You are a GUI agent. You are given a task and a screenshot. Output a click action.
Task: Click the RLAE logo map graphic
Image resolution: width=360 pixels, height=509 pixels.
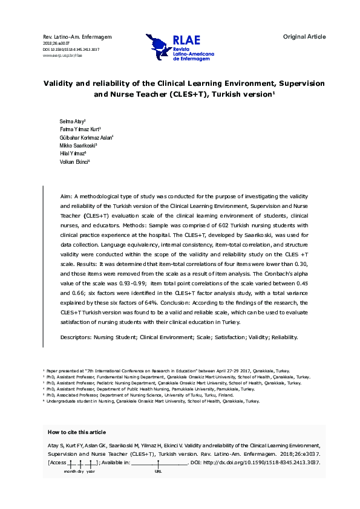(x=159, y=45)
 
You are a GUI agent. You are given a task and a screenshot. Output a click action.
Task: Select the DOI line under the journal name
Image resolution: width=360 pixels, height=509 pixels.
(x=71, y=49)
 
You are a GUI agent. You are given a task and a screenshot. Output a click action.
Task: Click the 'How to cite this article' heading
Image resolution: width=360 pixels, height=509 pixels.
(x=76, y=432)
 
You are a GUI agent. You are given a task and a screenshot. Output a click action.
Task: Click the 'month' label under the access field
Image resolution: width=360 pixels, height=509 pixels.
(x=70, y=470)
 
